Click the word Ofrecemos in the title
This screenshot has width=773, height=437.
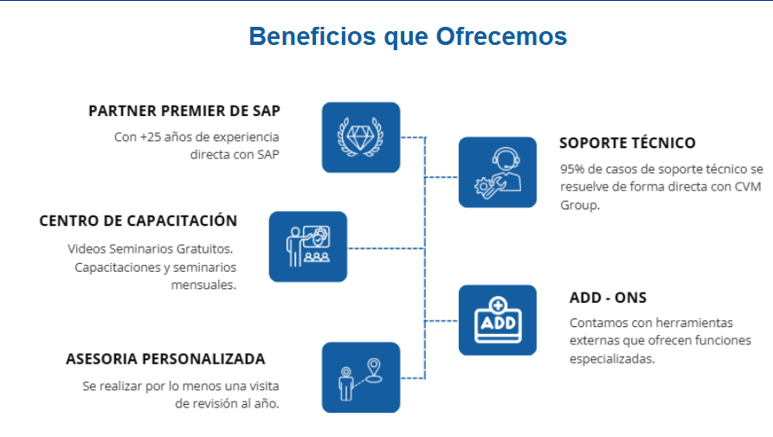pyautogui.click(x=501, y=36)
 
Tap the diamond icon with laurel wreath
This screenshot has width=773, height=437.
pyautogui.click(x=361, y=138)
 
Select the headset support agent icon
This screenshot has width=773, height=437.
pyautogui.click(x=498, y=172)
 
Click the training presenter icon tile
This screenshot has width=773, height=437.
pyautogui.click(x=308, y=247)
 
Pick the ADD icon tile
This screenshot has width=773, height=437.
pyautogui.click(x=498, y=320)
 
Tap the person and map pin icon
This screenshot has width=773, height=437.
pyautogui.click(x=361, y=378)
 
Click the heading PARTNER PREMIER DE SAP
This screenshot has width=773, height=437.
pyautogui.click(x=184, y=112)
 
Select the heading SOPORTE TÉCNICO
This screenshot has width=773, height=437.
pyautogui.click(x=627, y=143)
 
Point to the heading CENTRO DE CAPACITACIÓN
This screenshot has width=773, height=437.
pyautogui.click(x=138, y=221)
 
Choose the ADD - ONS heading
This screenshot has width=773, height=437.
pyautogui.click(x=608, y=298)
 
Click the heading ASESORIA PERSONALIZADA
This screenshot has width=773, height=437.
pyautogui.click(x=165, y=358)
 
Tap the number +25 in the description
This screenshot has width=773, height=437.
pyautogui.click(x=151, y=137)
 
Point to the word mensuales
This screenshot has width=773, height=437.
pyautogui.click(x=203, y=285)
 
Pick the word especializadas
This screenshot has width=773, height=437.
pyautogui.click(x=612, y=359)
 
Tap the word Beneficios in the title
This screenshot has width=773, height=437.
pyautogui.click(x=312, y=36)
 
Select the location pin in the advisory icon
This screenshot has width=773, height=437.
pyautogui.click(x=374, y=370)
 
